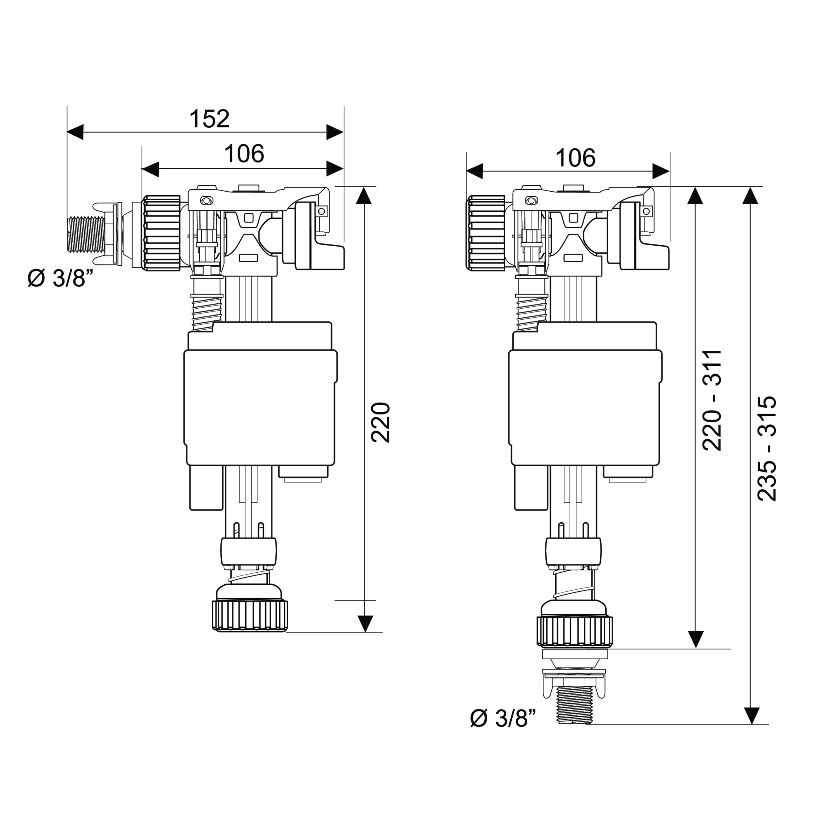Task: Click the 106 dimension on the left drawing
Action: tap(244, 154)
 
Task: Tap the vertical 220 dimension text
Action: tap(381, 422)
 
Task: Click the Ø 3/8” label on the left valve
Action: tap(61, 278)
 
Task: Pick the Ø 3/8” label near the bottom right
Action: tap(503, 718)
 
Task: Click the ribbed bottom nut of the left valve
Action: tap(250, 615)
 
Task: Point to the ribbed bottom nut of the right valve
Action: tap(574, 631)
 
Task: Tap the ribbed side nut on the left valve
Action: tap(161, 233)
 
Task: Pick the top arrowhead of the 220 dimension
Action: tap(365, 195)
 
